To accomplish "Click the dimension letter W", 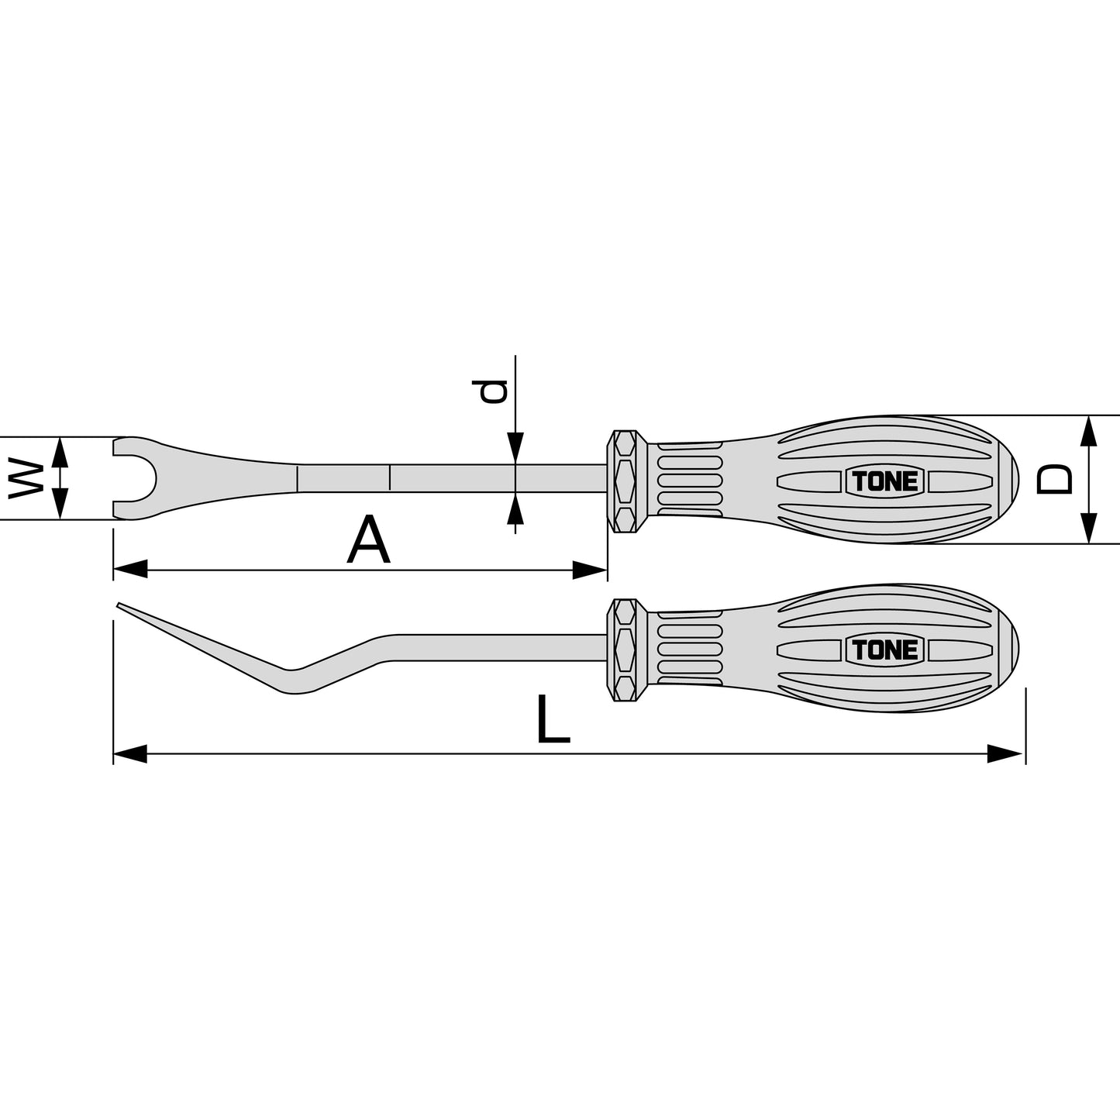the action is [26, 477].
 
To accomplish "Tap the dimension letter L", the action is [553, 719].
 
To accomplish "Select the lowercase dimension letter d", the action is [490, 391].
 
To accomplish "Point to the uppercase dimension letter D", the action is [1054, 478].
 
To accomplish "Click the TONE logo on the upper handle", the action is [884, 481].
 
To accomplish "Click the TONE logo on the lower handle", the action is [884, 650].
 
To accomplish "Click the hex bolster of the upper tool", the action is [626, 481].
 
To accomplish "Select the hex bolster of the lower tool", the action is [626, 650].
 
